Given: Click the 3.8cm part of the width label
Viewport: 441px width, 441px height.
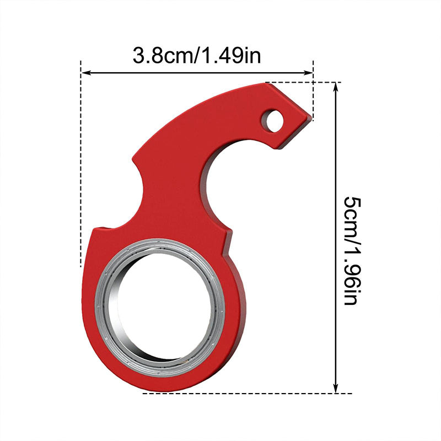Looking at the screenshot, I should [x=160, y=55].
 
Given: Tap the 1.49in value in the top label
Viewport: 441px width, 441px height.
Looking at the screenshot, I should [x=232, y=55].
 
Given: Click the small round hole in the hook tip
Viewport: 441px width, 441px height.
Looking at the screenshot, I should [x=272, y=120].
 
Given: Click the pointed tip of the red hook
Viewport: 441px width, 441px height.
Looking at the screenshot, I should [x=310, y=117].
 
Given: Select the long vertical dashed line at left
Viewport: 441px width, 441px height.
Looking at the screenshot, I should [x=81, y=165].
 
